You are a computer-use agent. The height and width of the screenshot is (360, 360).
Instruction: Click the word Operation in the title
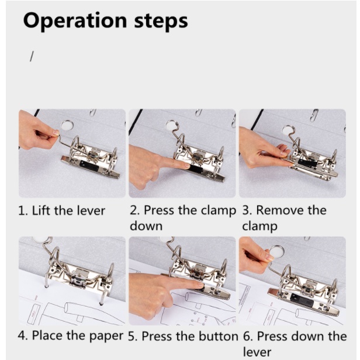75,21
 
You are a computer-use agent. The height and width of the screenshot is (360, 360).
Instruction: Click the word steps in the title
161,21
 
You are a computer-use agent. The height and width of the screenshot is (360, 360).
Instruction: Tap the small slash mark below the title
32,56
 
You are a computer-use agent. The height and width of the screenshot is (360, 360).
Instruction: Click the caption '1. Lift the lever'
61,210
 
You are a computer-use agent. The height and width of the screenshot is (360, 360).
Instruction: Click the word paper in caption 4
106,337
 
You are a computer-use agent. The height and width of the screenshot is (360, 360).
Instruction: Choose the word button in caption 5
219,337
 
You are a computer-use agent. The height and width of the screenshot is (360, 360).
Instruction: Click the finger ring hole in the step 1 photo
67,126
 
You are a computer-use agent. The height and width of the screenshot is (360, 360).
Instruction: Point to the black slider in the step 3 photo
307,163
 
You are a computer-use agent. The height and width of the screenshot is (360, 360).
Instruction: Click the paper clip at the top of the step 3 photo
314,115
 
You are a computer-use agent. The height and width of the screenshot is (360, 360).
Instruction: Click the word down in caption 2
146,226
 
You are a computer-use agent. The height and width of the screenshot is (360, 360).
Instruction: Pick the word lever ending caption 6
257,352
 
